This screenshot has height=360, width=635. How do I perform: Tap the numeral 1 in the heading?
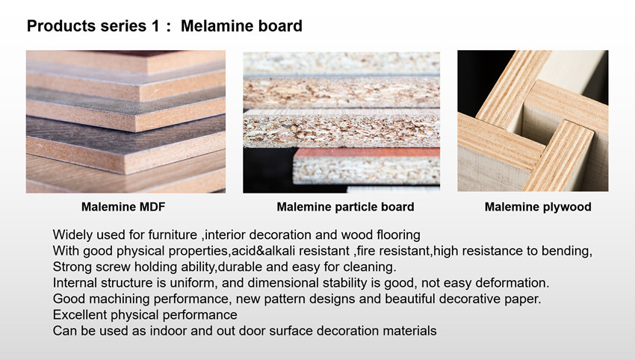click(155, 26)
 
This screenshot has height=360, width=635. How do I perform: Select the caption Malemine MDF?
click(123, 207)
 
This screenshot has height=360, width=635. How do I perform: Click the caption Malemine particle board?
click(345, 207)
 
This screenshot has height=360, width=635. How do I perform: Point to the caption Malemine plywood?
click(538, 207)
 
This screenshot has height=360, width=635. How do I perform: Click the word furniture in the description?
click(173, 235)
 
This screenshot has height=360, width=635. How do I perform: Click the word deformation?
click(512, 282)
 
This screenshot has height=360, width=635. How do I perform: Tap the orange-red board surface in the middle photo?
click(367, 152)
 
